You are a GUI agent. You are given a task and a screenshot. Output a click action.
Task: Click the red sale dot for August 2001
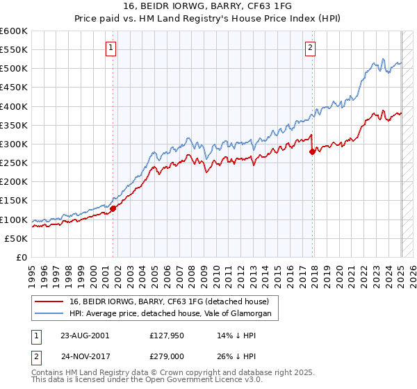[x=113, y=208]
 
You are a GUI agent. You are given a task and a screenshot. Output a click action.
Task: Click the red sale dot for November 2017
[x=312, y=152]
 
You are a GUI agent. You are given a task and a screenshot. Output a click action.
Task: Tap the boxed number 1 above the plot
[x=111, y=48]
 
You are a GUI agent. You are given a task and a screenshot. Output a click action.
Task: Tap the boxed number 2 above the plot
[x=310, y=48]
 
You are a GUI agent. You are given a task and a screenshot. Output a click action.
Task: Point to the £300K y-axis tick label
[x=14, y=144]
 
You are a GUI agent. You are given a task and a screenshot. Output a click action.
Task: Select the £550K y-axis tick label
[x=14, y=50]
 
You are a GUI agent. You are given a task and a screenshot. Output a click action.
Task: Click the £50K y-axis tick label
[x=17, y=238]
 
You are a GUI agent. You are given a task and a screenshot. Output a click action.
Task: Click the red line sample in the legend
[x=49, y=301]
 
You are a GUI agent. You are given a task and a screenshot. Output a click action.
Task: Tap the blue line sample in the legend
[x=49, y=313]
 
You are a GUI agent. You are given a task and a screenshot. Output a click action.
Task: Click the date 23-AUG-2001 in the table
[x=85, y=335]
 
